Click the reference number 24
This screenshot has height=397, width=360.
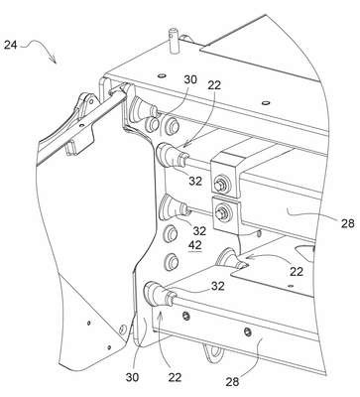coord(11,45)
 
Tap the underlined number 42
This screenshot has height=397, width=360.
coord(194,245)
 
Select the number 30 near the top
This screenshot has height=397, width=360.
coord(190,79)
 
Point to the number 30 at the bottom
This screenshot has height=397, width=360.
coord(132,376)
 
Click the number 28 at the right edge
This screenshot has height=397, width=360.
coord(347,223)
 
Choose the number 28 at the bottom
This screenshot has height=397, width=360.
coord(232,381)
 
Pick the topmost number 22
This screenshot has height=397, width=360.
coord(214,85)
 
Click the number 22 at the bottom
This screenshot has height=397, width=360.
coord(175,377)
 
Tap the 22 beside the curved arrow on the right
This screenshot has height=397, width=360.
coord(297,272)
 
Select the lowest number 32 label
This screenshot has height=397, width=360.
coord(217,286)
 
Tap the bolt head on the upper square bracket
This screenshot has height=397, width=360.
coord(219,184)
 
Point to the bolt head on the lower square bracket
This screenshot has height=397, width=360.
coord(221,211)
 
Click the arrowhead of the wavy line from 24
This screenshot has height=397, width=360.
coord(53,60)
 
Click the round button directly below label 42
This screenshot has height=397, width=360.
coord(172,261)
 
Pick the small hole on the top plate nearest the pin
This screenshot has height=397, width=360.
coord(162,76)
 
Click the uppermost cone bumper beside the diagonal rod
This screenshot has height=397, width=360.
coord(142,107)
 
